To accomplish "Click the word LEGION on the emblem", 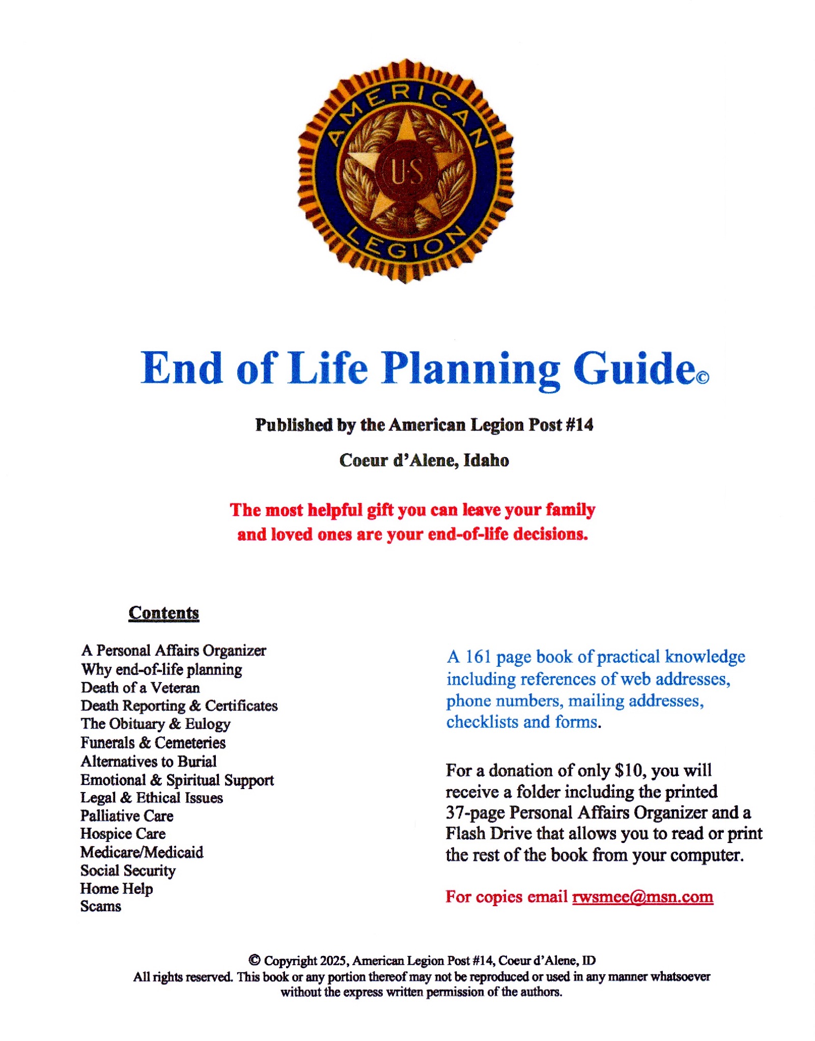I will [x=406, y=243].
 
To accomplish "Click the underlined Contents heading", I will [x=163, y=612].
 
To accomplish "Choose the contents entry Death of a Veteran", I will [x=140, y=688].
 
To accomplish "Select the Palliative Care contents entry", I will [x=127, y=816].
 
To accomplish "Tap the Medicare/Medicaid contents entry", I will [x=142, y=852].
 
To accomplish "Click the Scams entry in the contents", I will [x=101, y=906].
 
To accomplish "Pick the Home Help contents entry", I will [x=117, y=888].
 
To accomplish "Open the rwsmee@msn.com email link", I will [x=642, y=896].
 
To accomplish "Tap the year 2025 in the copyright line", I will [x=333, y=961].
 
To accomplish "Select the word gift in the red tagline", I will [x=380, y=510].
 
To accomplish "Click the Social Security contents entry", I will [x=128, y=870].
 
